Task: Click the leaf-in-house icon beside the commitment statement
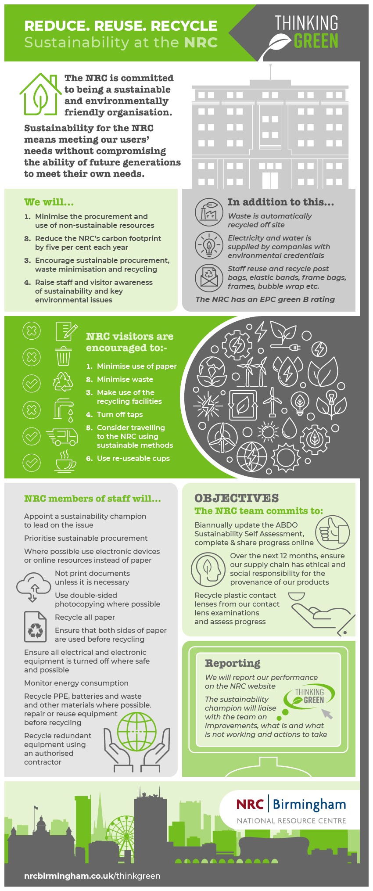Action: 40,94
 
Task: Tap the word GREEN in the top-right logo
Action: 316,41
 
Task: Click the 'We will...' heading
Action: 49,202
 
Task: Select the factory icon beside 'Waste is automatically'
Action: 209,212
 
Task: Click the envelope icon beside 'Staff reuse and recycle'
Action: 209,278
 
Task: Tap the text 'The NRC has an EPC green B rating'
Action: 265,299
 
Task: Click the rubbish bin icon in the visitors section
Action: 64,356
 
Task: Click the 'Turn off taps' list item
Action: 119,414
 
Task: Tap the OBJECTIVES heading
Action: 237,498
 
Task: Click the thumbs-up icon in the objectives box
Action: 333,532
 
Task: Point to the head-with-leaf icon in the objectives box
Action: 208,570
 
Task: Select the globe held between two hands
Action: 136,732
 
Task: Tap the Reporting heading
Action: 233,663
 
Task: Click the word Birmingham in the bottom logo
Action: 309,805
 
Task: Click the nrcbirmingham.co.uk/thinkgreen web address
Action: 92,876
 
